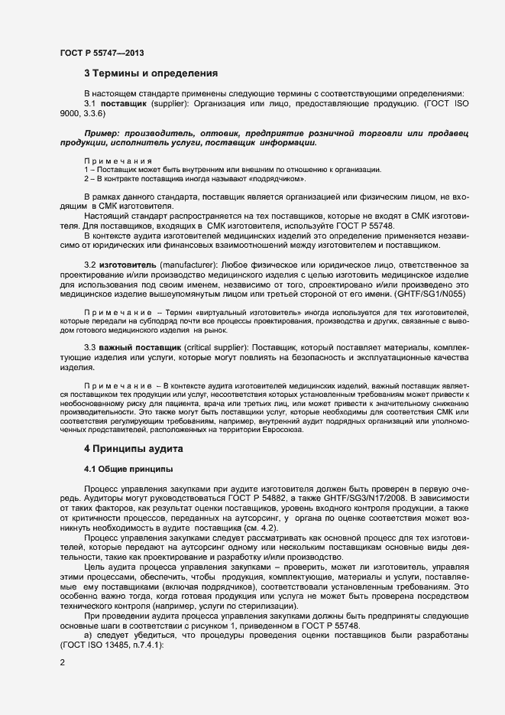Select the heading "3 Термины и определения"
tap(151, 74)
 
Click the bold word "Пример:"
tap(104, 133)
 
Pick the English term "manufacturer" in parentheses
tap(183, 264)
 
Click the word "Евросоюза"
tap(283, 429)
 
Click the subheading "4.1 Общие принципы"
tap(128, 467)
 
